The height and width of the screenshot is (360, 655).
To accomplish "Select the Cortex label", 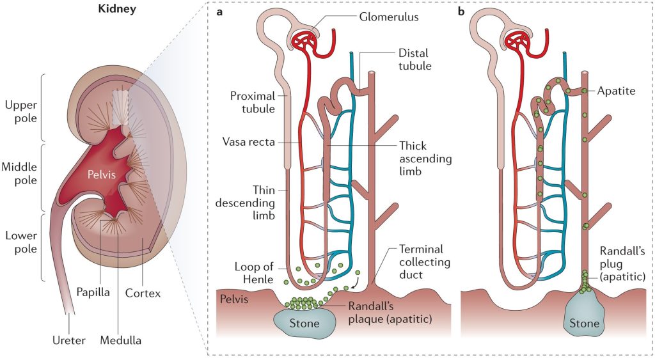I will [143, 293].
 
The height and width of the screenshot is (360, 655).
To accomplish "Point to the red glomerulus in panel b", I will [519, 40].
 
